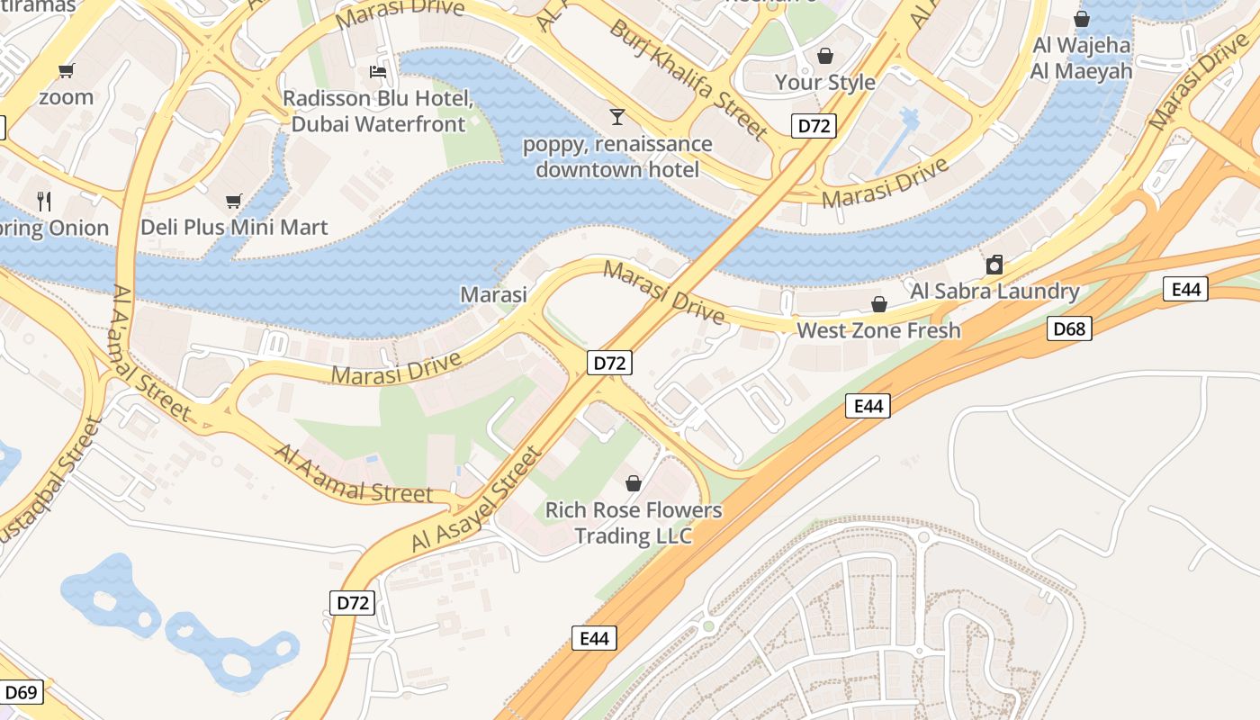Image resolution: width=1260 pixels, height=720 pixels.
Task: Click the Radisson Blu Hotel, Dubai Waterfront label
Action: [374, 111]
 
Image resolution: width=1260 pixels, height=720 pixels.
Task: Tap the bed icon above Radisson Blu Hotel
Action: [378, 71]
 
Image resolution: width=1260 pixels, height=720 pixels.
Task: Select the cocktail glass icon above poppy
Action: [616, 116]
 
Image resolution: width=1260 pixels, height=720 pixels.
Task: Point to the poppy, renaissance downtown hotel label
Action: [617, 157]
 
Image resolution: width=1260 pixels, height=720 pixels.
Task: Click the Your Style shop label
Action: [824, 82]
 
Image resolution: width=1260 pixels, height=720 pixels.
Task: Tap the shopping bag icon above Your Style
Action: [824, 56]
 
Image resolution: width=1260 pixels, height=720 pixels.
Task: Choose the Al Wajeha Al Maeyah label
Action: [1081, 58]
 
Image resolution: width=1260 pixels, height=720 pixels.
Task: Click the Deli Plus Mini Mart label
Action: [234, 227]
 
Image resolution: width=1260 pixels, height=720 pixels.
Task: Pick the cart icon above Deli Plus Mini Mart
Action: [234, 201]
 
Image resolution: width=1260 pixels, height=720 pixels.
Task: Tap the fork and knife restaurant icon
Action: [43, 201]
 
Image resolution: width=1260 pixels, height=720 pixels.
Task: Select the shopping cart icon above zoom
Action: [66, 70]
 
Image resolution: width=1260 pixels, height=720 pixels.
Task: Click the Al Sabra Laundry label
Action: [994, 291]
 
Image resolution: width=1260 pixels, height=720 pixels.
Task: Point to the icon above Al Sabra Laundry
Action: [994, 265]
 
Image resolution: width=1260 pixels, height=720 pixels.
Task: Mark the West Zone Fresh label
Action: [878, 330]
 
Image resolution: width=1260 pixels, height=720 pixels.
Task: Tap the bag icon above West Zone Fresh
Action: [878, 304]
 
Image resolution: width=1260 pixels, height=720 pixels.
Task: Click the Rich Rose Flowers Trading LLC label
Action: [634, 523]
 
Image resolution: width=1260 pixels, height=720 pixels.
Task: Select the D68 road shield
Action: [1069, 328]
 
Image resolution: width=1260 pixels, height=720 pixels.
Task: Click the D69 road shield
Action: [21, 692]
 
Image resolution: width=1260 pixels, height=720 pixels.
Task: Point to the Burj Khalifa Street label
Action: [688, 79]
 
